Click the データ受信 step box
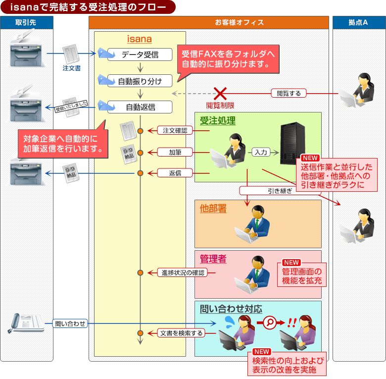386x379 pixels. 140,54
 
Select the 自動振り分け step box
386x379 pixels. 140,81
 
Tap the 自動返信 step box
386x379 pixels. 140,107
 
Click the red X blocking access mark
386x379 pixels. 220,93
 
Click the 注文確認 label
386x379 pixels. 175,131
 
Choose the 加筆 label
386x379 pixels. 175,152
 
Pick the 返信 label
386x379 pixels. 175,173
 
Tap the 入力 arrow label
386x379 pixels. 261,152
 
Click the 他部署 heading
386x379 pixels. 213,208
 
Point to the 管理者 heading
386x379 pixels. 213,259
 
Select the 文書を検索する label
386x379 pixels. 182,333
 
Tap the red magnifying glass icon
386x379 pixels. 269,322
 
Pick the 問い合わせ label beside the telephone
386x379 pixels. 70,324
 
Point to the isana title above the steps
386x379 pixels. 140,39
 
